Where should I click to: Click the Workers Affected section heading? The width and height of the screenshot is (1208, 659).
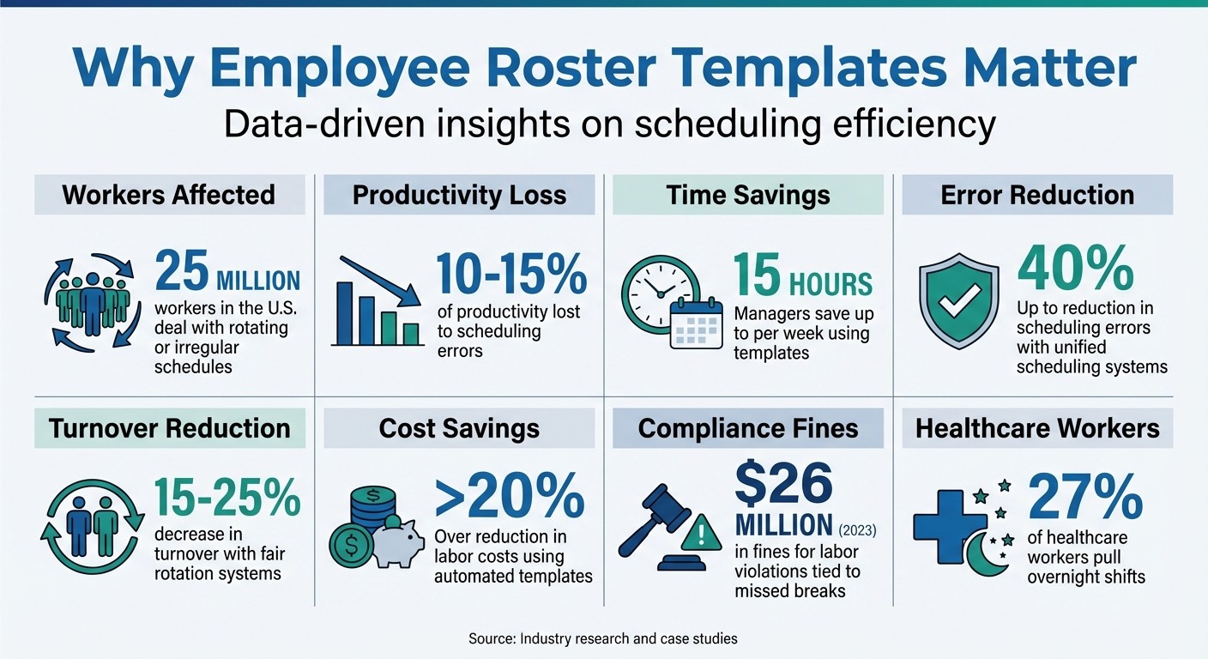click(169, 195)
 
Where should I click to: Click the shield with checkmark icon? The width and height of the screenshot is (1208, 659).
click(959, 301)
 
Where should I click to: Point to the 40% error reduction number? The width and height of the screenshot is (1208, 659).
click(1075, 269)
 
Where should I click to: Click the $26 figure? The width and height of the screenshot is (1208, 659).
click(782, 485)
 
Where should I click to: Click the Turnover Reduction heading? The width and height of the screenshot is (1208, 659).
click(169, 428)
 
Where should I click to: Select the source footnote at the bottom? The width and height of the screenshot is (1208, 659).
click(603, 638)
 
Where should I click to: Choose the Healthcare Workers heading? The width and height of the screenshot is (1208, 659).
click(1037, 428)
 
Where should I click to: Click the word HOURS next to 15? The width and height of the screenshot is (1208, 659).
click(830, 283)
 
